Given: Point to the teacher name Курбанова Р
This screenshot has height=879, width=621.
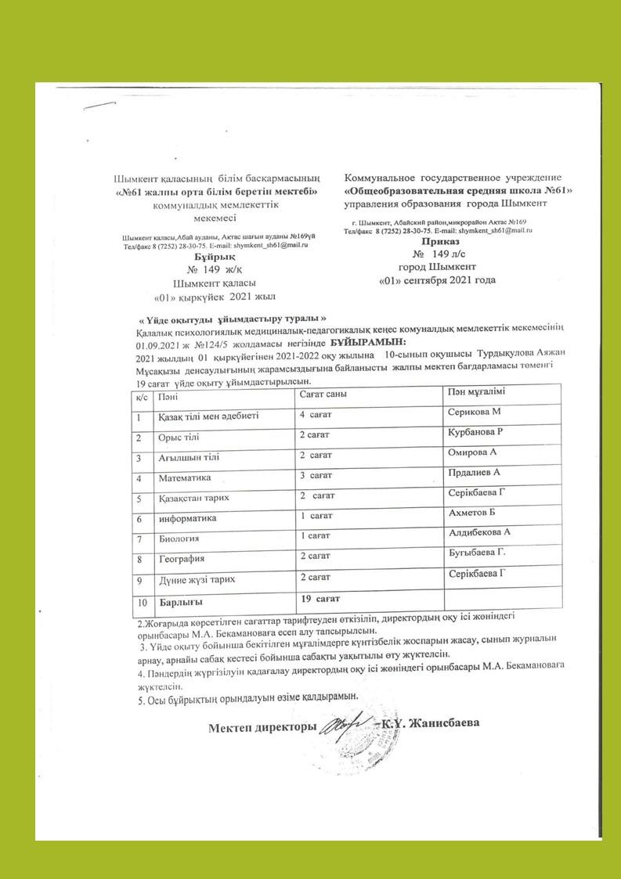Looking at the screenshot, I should tap(475, 432).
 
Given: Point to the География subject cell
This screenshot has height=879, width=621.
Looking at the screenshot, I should tap(182, 559).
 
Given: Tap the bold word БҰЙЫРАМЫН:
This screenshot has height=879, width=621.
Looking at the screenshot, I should tap(368, 343).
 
